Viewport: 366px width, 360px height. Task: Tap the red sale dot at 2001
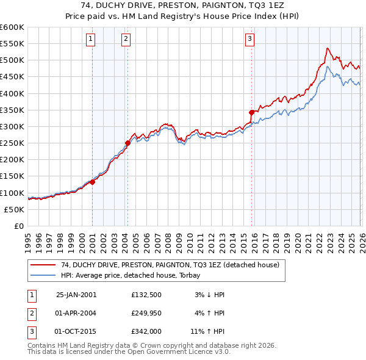tap(93, 182)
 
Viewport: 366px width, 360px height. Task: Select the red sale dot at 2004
tap(127, 143)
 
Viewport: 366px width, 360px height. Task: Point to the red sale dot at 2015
tap(251, 112)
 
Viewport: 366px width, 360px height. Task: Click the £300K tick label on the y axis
tap(12, 126)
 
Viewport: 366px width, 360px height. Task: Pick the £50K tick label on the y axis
tap(14, 209)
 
